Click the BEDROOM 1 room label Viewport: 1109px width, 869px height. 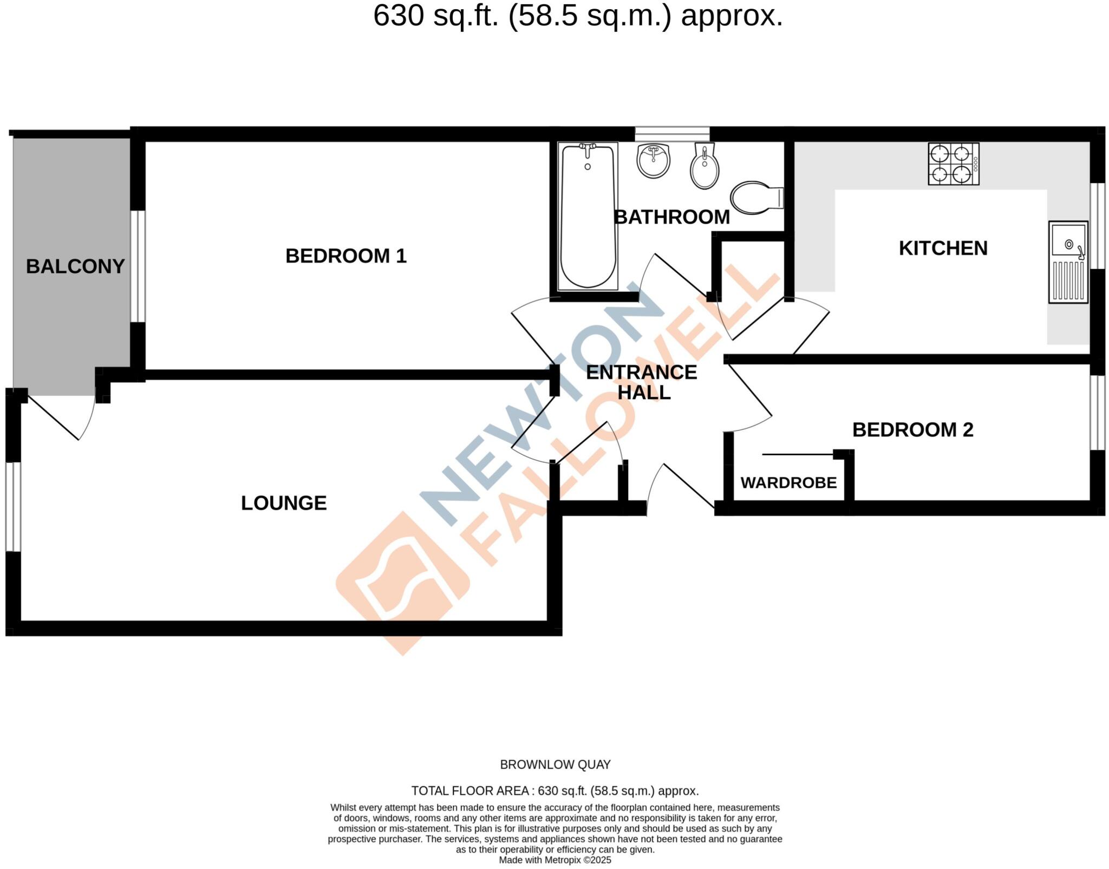pyautogui.click(x=345, y=256)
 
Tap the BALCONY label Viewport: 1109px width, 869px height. pyautogui.click(x=75, y=266)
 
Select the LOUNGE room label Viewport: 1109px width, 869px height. pyautogui.click(x=284, y=503)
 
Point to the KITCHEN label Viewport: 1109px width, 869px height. pyautogui.click(x=943, y=248)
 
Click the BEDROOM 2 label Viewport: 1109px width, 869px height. pyautogui.click(x=912, y=429)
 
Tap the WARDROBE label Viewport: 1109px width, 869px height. pyautogui.click(x=788, y=482)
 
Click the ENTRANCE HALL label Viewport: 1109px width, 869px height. pyautogui.click(x=642, y=382)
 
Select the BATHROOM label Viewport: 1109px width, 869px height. pyautogui.click(x=671, y=217)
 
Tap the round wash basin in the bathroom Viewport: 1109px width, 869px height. pyautogui.click(x=654, y=160)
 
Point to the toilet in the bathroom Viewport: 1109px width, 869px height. pyautogui.click(x=755, y=197)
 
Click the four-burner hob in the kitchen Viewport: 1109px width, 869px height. pyautogui.click(x=953, y=164)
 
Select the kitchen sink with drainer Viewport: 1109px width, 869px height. pyautogui.click(x=1068, y=262)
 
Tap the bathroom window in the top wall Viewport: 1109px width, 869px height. pyautogui.click(x=672, y=133)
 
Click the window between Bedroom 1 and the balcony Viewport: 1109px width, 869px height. pyautogui.click(x=138, y=266)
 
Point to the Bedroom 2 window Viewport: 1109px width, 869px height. pyautogui.click(x=1097, y=412)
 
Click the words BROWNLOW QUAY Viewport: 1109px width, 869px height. pyautogui.click(x=555, y=765)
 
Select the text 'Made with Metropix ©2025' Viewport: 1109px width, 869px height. pyautogui.click(x=555, y=860)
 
